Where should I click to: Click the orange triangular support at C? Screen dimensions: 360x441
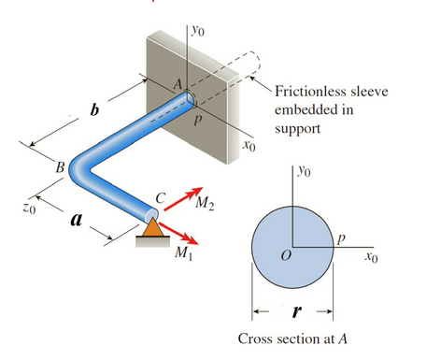point(152,225)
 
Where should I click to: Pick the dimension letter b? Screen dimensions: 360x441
point(92,111)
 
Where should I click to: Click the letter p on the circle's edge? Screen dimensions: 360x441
point(342,239)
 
